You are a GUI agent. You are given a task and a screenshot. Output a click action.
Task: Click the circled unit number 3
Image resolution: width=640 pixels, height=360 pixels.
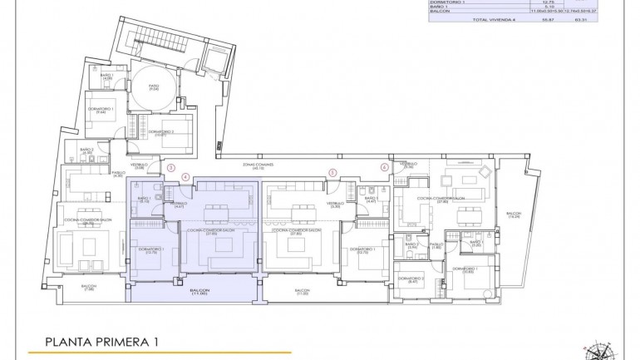(x=171, y=166)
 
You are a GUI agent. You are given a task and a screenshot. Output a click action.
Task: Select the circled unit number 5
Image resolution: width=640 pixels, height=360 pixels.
(x=332, y=173)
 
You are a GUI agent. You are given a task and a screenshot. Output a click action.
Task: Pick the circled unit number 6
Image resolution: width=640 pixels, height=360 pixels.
(x=384, y=166)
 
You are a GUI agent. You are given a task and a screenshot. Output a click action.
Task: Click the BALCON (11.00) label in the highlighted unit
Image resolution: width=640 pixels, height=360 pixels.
(x=199, y=292)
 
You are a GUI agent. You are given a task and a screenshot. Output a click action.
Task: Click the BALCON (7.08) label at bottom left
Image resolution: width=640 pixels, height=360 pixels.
(x=89, y=288)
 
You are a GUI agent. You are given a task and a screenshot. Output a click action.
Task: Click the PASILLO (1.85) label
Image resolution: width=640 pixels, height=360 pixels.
(x=435, y=245)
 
